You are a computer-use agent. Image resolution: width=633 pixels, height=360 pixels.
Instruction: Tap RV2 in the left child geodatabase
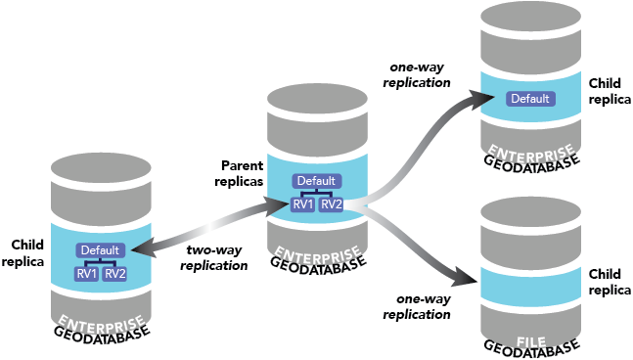[x=115, y=273]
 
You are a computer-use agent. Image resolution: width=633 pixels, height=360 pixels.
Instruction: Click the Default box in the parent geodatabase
[x=316, y=181]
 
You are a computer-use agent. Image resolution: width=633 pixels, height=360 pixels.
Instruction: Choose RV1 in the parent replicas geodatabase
[x=302, y=204]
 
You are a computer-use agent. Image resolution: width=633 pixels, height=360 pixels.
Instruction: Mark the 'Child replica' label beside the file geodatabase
[x=604, y=284]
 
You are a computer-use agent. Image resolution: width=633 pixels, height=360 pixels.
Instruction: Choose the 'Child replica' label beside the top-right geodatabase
[x=604, y=92]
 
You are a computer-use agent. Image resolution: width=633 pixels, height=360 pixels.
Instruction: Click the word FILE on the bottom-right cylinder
[x=531, y=342]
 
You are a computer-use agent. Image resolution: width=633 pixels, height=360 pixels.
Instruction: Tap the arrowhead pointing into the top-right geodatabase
[x=476, y=98]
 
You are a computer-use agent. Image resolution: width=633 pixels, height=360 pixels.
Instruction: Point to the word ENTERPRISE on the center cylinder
[x=316, y=251]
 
